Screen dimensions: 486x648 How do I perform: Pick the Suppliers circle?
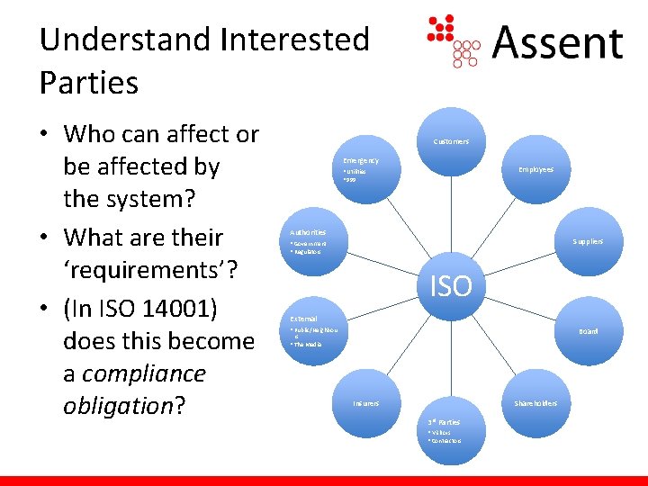[x=587, y=241]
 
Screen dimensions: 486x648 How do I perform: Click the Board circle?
[x=587, y=331]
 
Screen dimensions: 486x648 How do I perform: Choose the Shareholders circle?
[x=535, y=402]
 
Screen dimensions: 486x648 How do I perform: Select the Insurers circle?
[x=366, y=402]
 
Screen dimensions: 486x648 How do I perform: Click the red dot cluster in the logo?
[x=442, y=29]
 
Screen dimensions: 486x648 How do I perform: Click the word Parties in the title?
[x=89, y=83]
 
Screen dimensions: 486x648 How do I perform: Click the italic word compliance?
[x=145, y=373]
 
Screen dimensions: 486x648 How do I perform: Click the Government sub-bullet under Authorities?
[x=310, y=244]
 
